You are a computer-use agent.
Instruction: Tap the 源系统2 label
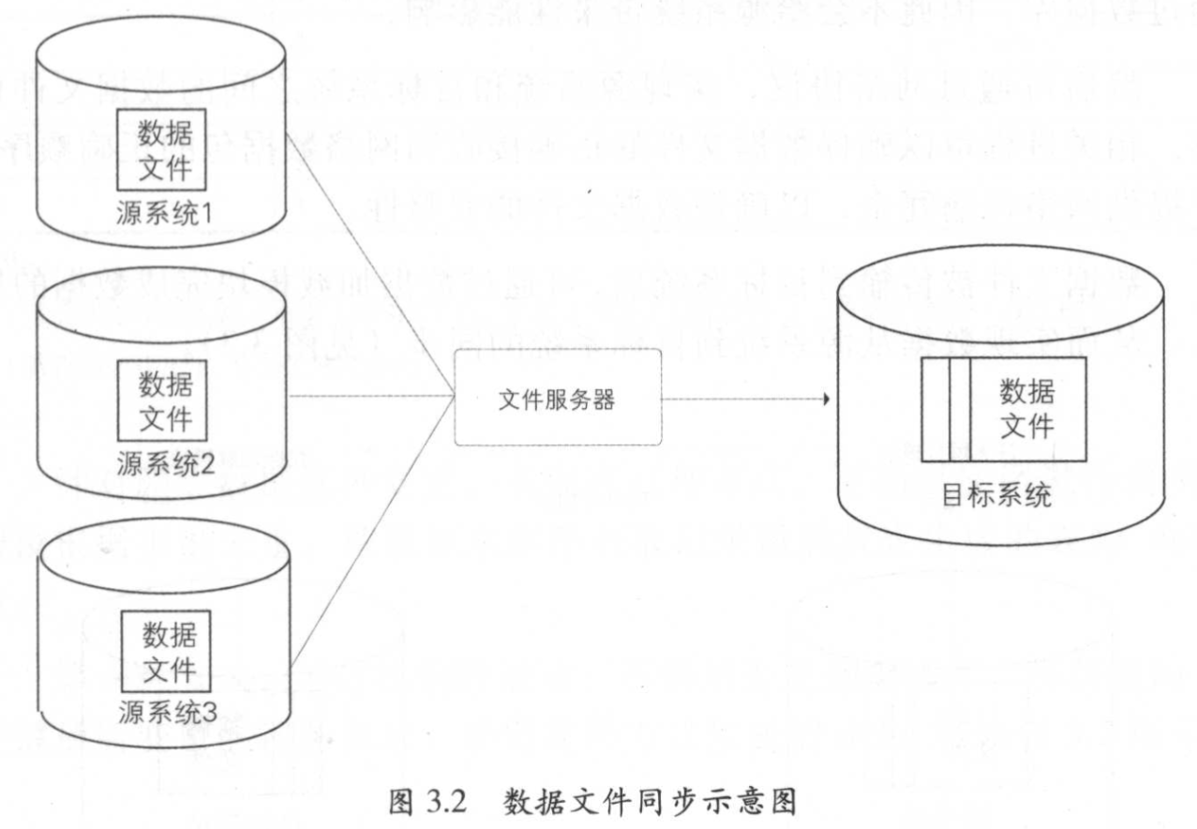[x=167, y=462]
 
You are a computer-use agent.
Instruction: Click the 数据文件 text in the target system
[x=1027, y=410]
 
